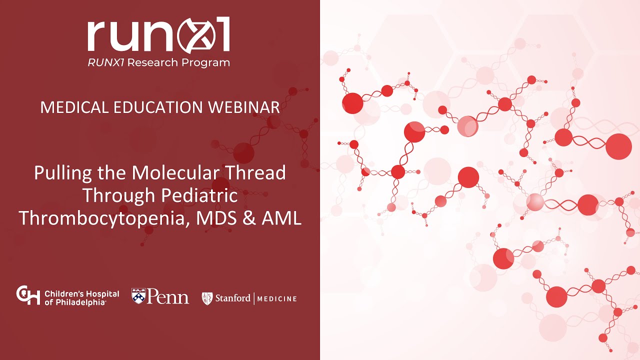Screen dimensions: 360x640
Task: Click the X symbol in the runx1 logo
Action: (x=190, y=36)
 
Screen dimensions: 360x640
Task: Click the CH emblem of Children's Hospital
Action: (x=27, y=295)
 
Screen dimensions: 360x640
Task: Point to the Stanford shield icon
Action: (x=207, y=298)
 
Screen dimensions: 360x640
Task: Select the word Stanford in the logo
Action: (x=232, y=298)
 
